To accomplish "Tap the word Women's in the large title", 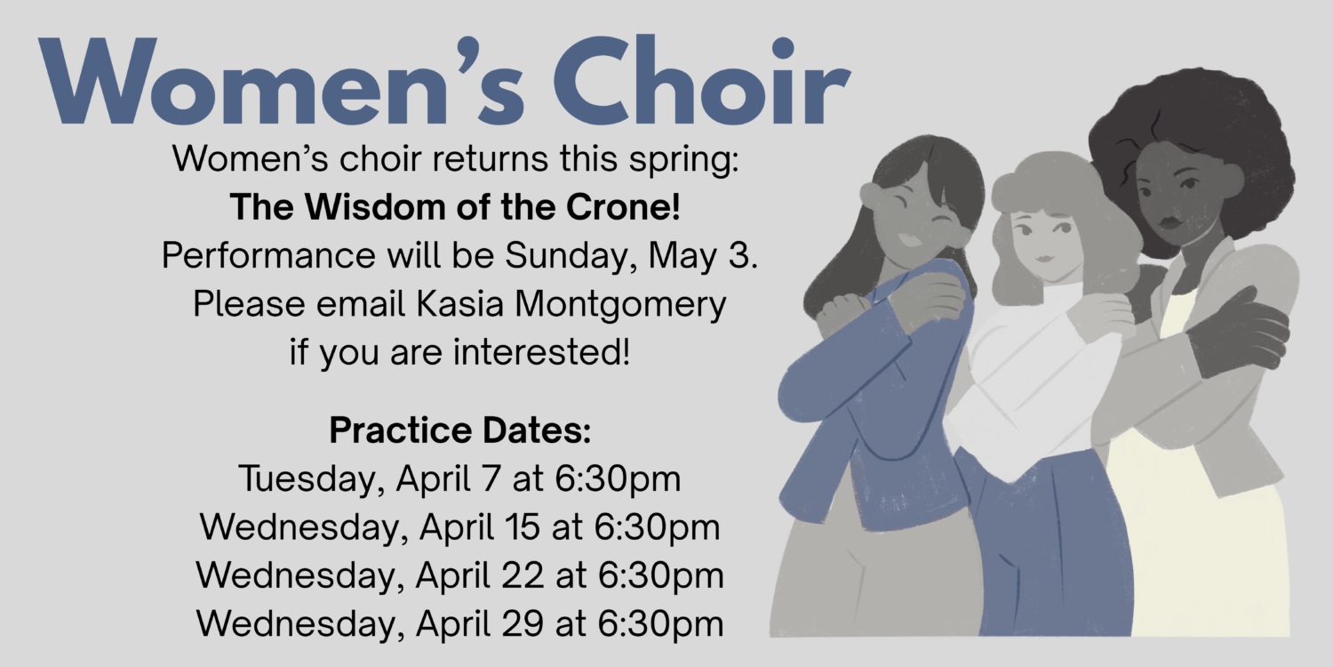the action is (x=281, y=80).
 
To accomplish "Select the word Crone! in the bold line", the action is (x=623, y=206).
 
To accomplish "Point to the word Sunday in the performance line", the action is (x=571, y=256).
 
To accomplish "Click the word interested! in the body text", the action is (x=541, y=351).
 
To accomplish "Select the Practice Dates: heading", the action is (x=460, y=430).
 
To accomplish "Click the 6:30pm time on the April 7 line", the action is (x=618, y=479).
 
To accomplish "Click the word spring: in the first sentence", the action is (x=684, y=160).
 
